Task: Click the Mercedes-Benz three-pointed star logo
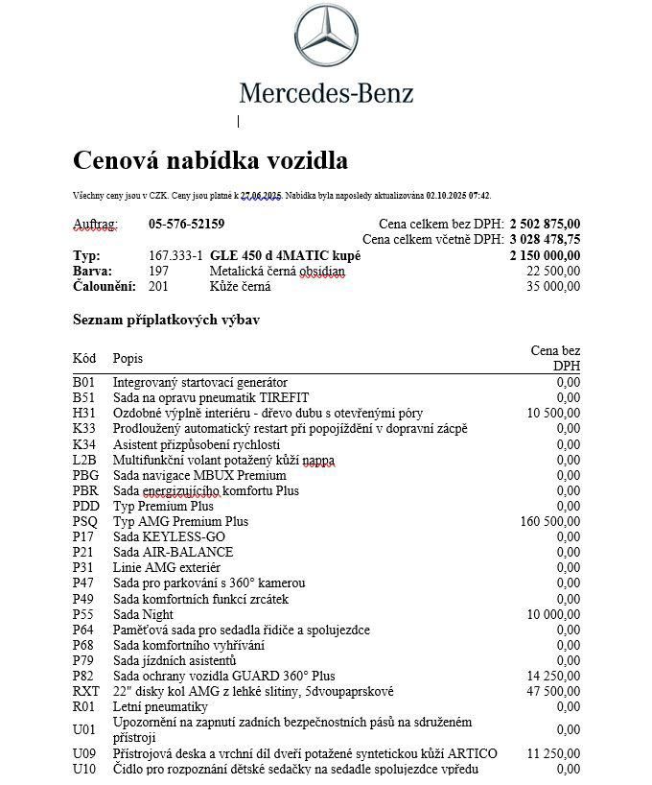326,36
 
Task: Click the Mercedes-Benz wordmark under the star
326,93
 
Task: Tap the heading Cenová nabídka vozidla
210,160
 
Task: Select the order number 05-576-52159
186,225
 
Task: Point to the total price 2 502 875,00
545,225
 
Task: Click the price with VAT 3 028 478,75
545,240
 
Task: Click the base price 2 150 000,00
545,256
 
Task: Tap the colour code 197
158,272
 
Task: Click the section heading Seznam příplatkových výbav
166,320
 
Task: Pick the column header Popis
128,358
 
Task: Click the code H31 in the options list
84,414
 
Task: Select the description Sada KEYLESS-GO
169,537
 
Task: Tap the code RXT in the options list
85,692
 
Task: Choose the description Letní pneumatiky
160,707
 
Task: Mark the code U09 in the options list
84,754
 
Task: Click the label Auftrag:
96,225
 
